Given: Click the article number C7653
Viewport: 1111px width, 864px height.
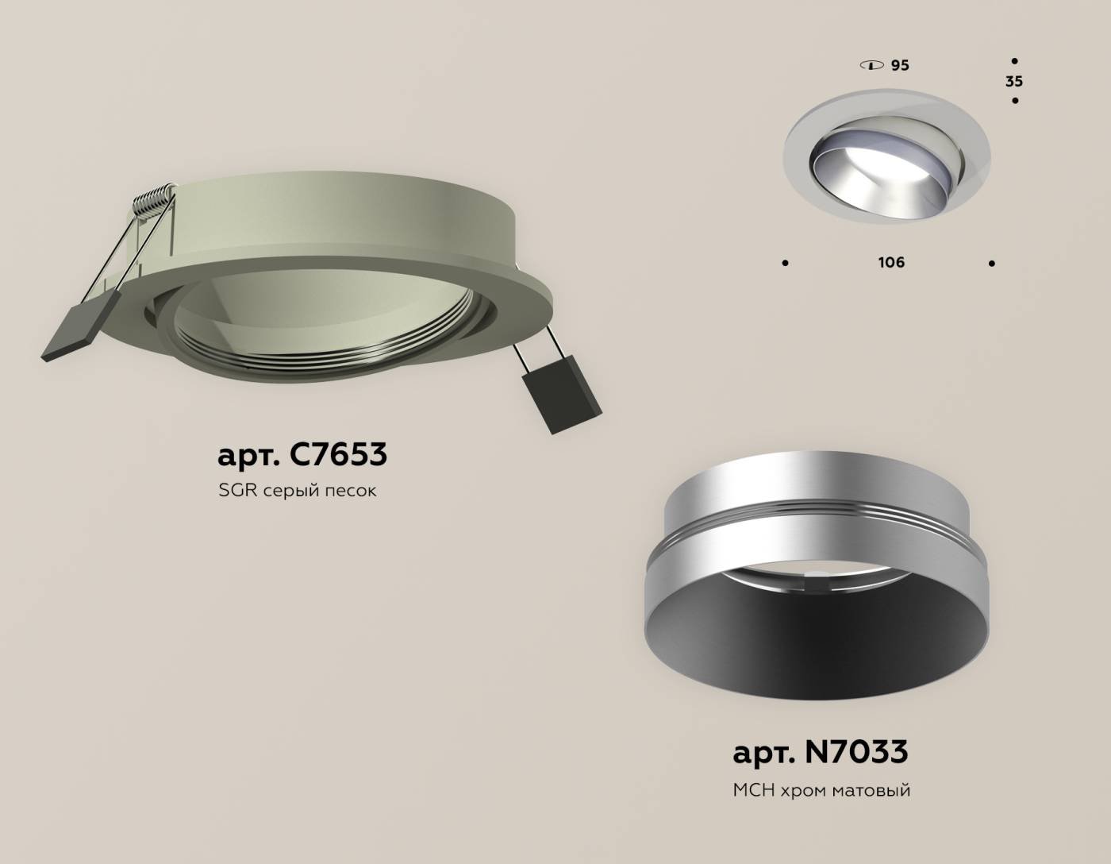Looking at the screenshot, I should (339, 454).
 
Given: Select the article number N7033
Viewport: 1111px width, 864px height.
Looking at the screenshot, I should (856, 751).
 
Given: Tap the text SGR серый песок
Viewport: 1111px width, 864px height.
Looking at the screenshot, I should (297, 491).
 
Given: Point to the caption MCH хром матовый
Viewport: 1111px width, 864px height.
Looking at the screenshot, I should (821, 790).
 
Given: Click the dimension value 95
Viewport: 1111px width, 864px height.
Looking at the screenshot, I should (899, 65).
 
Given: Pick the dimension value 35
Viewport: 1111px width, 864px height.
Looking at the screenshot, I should (1013, 81).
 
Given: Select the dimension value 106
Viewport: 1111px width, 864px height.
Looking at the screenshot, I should (891, 262).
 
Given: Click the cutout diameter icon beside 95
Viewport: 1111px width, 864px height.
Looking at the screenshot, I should (871, 65).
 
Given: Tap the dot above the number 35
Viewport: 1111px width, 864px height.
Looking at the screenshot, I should (1015, 60).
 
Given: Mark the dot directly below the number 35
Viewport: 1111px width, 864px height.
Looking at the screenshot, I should (1015, 101).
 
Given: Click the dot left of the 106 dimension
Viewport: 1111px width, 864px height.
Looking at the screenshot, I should (786, 263).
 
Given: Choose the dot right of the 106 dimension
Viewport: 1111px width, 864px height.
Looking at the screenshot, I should (992, 263).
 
